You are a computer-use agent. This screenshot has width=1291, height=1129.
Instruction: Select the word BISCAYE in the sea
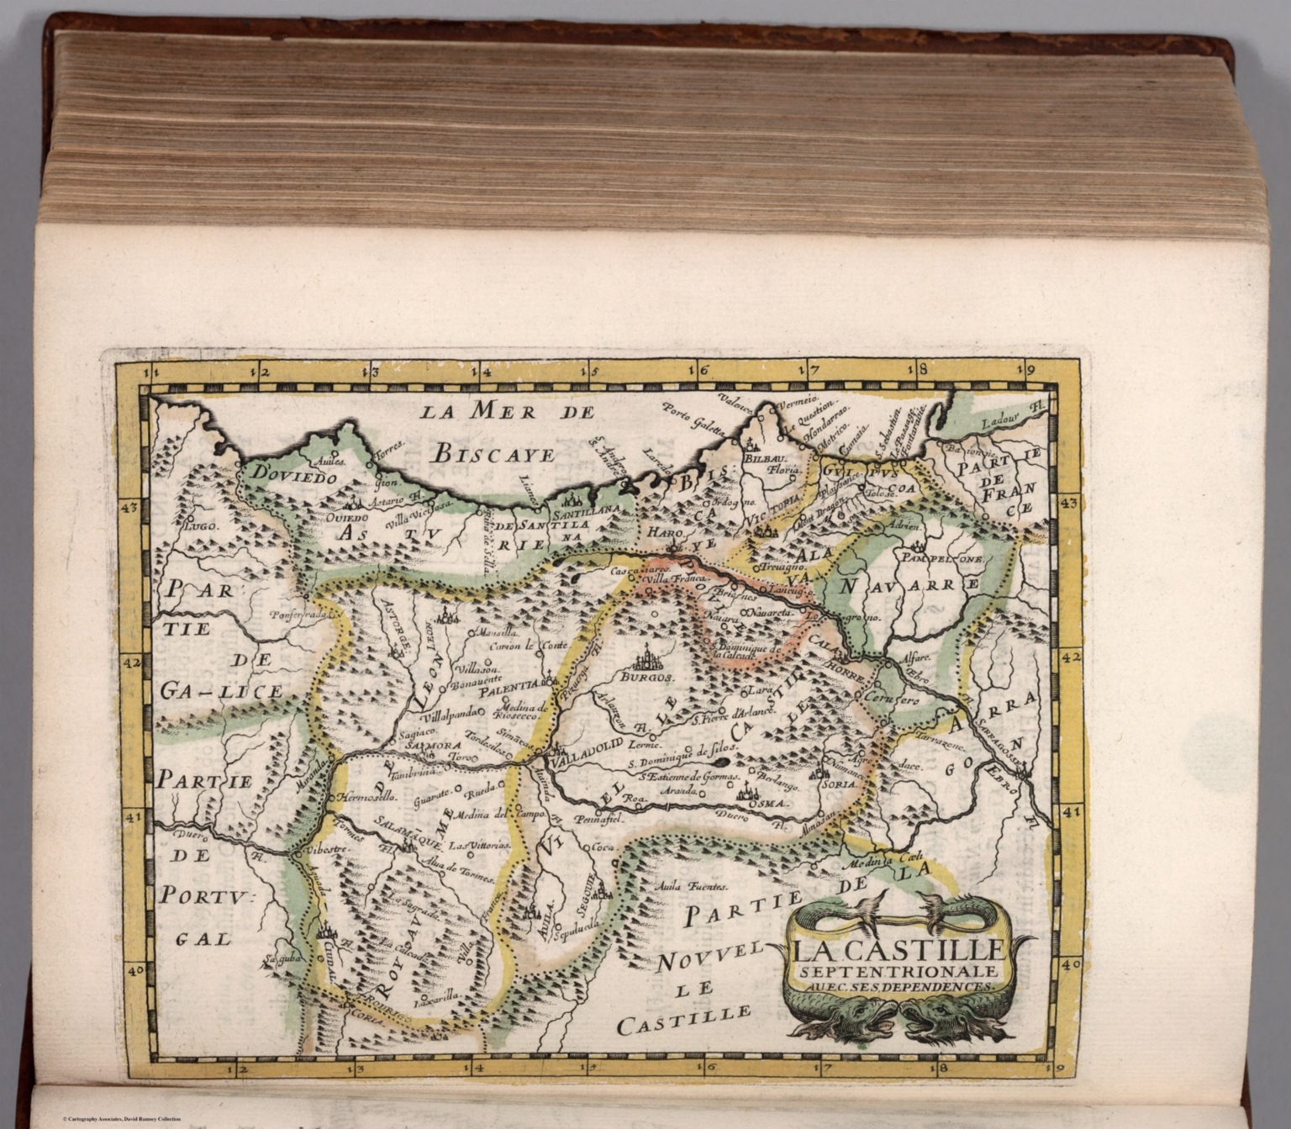(x=494, y=455)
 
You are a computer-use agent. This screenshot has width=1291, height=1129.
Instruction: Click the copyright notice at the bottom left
(x=122, y=1119)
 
